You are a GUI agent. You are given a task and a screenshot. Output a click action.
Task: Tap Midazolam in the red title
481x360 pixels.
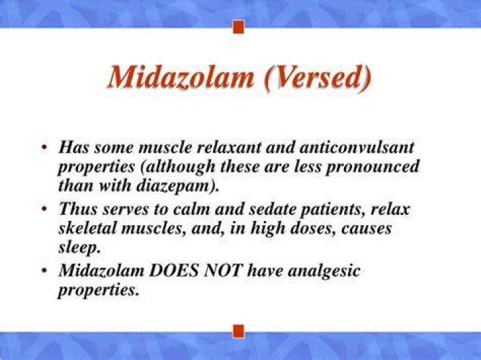(181, 77)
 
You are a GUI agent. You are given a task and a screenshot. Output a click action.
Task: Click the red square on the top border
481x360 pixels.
(238, 27)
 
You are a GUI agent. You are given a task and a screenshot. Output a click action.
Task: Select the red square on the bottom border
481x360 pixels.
(238, 331)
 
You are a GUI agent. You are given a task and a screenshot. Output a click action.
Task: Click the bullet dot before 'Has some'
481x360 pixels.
(45, 148)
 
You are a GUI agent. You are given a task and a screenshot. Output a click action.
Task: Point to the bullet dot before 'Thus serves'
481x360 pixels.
(45, 210)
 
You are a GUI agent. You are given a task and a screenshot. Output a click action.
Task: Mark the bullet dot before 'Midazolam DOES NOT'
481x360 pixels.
(45, 271)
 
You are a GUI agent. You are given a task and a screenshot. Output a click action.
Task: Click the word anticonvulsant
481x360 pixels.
(357, 147)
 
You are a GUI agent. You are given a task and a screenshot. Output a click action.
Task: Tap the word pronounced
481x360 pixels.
(372, 168)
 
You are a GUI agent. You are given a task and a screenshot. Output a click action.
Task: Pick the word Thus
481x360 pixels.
(79, 209)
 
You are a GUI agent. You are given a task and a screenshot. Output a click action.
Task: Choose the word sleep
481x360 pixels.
(79, 248)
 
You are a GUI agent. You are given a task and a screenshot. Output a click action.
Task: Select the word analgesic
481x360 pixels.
(324, 272)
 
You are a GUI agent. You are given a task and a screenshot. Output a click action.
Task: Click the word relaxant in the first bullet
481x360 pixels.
(228, 147)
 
